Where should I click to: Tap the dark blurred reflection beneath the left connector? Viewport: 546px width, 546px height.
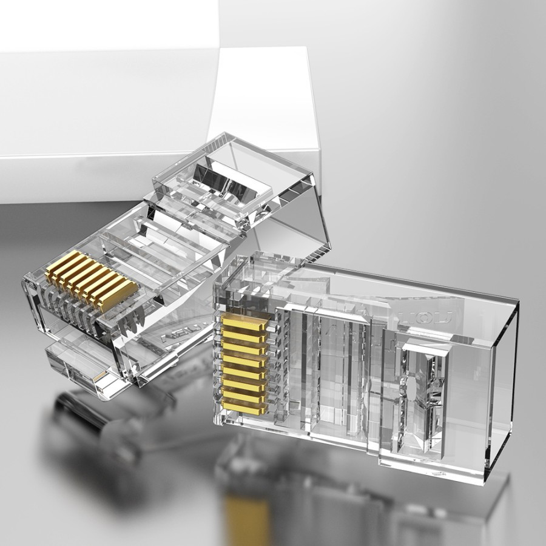point(91,419)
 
